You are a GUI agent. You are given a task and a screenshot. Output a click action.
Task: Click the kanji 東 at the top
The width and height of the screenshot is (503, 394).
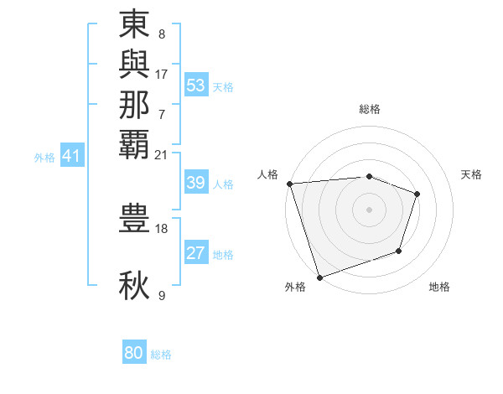135,25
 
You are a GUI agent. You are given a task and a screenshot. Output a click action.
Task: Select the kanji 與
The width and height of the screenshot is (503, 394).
135,65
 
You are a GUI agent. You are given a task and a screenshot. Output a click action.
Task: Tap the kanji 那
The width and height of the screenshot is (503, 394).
135,105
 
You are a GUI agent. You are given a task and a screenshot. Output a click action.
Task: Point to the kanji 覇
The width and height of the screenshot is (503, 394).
135,144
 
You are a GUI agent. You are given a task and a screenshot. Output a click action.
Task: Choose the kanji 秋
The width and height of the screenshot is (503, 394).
135,285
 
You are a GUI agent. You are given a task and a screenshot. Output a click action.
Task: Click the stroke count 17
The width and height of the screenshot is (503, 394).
162,75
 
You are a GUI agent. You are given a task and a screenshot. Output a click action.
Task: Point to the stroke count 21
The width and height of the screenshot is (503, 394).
162,154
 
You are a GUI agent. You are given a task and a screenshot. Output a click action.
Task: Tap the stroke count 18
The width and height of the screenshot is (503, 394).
162,228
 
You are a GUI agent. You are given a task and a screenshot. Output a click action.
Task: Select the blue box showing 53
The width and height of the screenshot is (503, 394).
196,86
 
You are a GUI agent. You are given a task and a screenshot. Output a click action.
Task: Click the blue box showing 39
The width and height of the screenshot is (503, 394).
196,184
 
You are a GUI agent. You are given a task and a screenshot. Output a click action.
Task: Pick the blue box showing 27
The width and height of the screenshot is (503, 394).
196,254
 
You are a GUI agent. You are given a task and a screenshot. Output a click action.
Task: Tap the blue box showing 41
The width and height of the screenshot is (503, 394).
72,156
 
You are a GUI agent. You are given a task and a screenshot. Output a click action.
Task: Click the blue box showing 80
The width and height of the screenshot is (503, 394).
134,353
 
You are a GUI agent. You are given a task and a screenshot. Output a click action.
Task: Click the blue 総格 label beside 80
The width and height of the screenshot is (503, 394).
161,355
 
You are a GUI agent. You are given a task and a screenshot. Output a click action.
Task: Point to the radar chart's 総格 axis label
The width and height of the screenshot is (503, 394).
370,109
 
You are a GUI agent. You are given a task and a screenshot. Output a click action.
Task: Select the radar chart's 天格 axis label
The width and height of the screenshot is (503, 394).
472,174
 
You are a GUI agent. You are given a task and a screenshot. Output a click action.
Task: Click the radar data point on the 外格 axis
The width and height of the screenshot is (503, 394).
319,277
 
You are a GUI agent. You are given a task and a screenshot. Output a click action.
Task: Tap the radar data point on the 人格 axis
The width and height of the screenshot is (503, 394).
289,184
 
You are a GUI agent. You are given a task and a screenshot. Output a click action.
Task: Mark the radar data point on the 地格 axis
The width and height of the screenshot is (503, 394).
399,251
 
